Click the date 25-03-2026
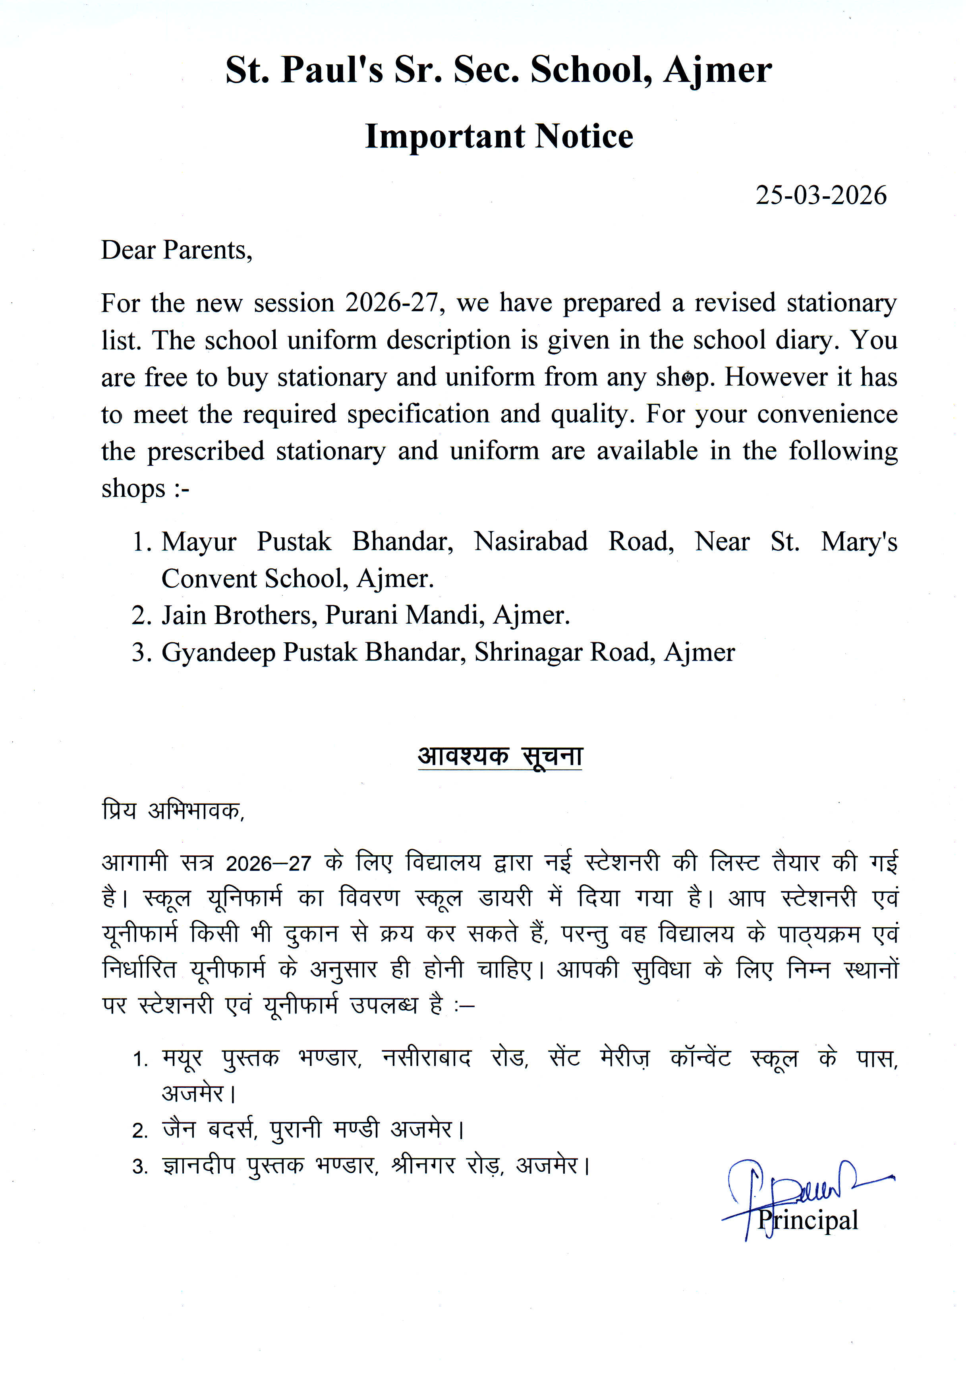(820, 196)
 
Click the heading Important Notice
(499, 136)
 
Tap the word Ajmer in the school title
(717, 71)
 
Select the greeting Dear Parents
(176, 250)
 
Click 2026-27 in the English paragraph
(395, 303)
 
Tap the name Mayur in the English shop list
(199, 542)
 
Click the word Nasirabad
(531, 542)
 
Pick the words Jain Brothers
(239, 616)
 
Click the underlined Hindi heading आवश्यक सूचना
(499, 756)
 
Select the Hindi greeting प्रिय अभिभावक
(173, 811)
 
